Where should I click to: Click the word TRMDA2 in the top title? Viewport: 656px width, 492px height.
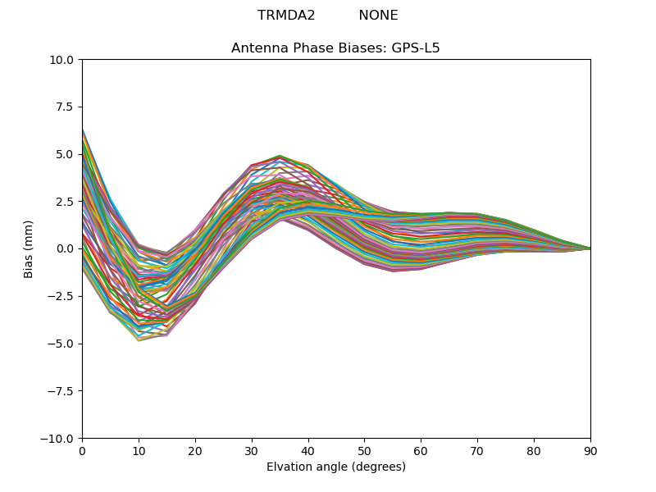[x=286, y=16]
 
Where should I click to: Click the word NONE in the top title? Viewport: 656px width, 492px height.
[x=378, y=16]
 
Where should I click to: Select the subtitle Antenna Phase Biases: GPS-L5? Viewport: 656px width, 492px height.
[x=335, y=48]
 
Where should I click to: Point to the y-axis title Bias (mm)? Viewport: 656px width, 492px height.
[x=29, y=248]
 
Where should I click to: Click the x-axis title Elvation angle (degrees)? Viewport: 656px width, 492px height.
[x=335, y=467]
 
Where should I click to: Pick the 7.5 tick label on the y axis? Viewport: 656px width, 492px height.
[x=66, y=107]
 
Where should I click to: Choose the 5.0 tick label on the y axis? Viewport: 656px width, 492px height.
[x=66, y=154]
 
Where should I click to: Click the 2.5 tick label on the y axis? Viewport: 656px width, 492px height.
[x=66, y=202]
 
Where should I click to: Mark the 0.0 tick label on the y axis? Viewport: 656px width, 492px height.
[x=66, y=248]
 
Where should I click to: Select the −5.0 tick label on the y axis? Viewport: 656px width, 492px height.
[x=62, y=344]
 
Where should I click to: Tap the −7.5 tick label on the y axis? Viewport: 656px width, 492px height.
[x=62, y=391]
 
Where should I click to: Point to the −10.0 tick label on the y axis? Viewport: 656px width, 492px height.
[x=59, y=438]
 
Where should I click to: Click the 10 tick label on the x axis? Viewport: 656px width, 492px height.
[x=139, y=450]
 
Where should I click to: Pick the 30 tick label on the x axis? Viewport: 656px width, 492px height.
[x=252, y=450]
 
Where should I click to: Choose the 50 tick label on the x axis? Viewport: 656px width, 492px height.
[x=364, y=450]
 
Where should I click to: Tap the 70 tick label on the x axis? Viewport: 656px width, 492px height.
[x=477, y=450]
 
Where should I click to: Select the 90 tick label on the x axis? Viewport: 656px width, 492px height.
[x=590, y=450]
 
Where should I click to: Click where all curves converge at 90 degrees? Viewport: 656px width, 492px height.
[x=590, y=248]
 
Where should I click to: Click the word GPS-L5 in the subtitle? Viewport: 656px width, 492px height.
[x=416, y=48]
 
